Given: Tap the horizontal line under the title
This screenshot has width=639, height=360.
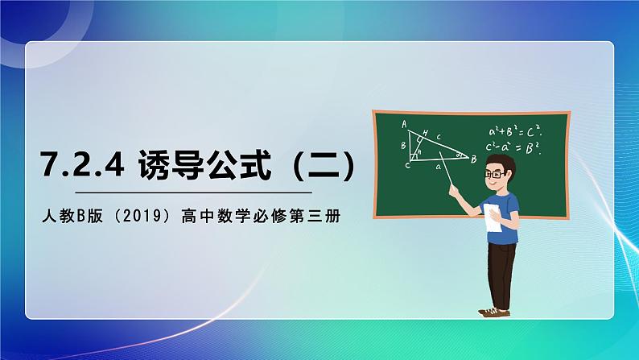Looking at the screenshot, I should [x=193, y=193].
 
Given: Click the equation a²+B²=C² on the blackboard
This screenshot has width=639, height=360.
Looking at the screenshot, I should [x=514, y=130].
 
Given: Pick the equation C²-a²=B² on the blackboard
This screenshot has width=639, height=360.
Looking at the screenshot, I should [x=514, y=147].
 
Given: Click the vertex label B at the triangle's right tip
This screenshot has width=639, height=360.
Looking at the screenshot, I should [x=474, y=159].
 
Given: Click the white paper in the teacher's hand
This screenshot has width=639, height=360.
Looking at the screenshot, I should [x=493, y=219].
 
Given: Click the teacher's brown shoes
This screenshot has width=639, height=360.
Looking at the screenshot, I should [x=492, y=311].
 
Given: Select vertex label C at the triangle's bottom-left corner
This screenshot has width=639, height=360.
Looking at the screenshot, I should [x=407, y=166].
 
